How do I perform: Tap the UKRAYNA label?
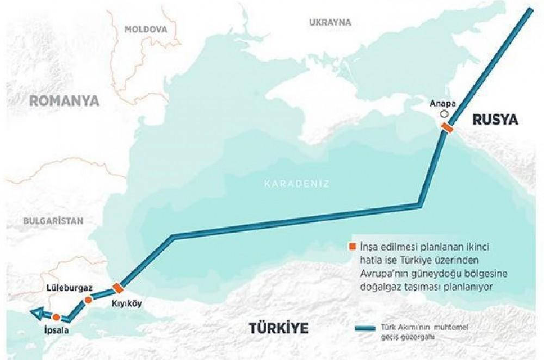tap(330, 22)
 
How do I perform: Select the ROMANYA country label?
tap(64, 101)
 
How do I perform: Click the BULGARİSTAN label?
tap(53, 221)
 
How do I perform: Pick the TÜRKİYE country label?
tap(279, 328)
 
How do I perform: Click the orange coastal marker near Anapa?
tap(447, 128)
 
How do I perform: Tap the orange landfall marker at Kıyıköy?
tap(118, 288)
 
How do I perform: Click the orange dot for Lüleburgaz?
tap(89, 300)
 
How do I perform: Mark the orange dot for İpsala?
tap(56, 316)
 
